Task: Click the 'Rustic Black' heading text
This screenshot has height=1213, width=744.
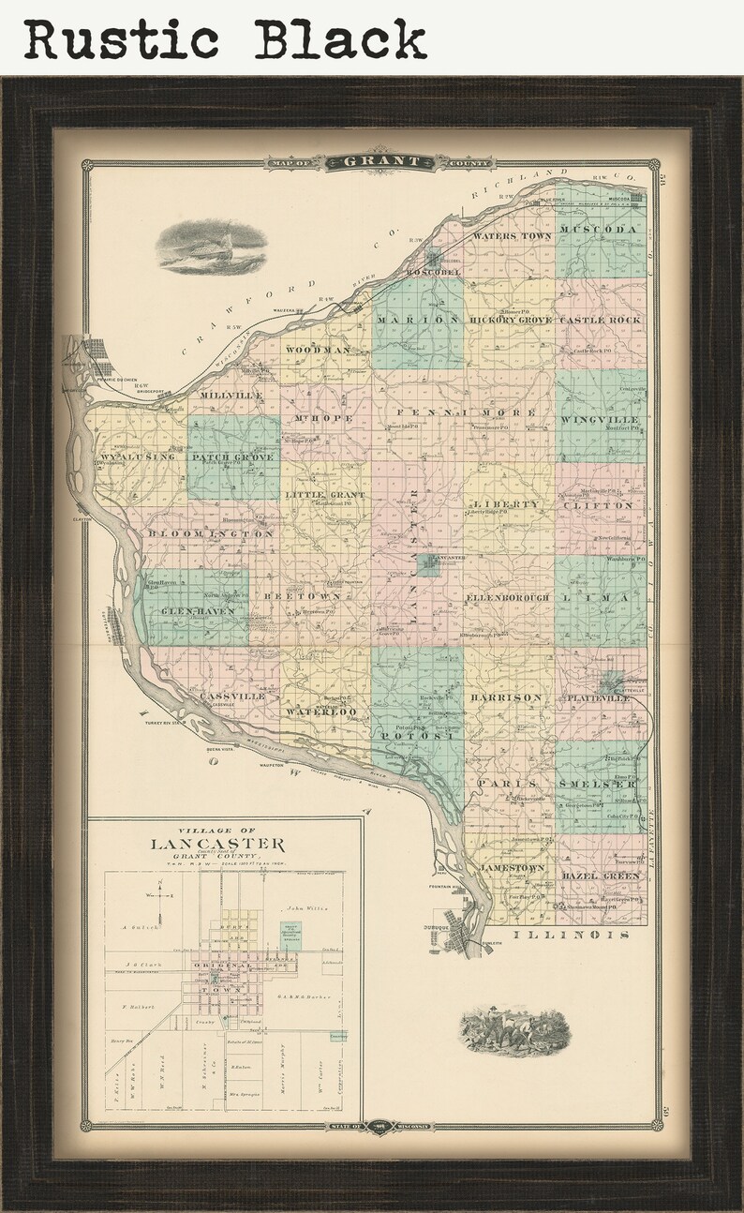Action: [x=225, y=39]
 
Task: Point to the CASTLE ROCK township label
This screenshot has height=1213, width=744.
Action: [x=600, y=321]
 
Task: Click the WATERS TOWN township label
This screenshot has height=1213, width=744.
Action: [x=513, y=236]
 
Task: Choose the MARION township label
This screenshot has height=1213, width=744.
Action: [x=418, y=320]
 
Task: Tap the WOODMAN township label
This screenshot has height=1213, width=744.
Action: [x=318, y=350]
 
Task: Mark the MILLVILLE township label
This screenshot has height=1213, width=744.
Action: [x=230, y=396]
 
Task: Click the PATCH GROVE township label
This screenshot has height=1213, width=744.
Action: [x=233, y=457]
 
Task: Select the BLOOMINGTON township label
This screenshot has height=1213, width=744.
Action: [x=211, y=534]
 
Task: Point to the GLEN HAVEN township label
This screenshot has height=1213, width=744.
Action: [x=190, y=611]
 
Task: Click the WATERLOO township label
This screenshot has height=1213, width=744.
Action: [x=321, y=712]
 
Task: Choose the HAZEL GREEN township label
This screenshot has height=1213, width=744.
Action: [x=601, y=876]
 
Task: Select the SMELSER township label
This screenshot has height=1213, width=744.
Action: [x=600, y=783]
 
